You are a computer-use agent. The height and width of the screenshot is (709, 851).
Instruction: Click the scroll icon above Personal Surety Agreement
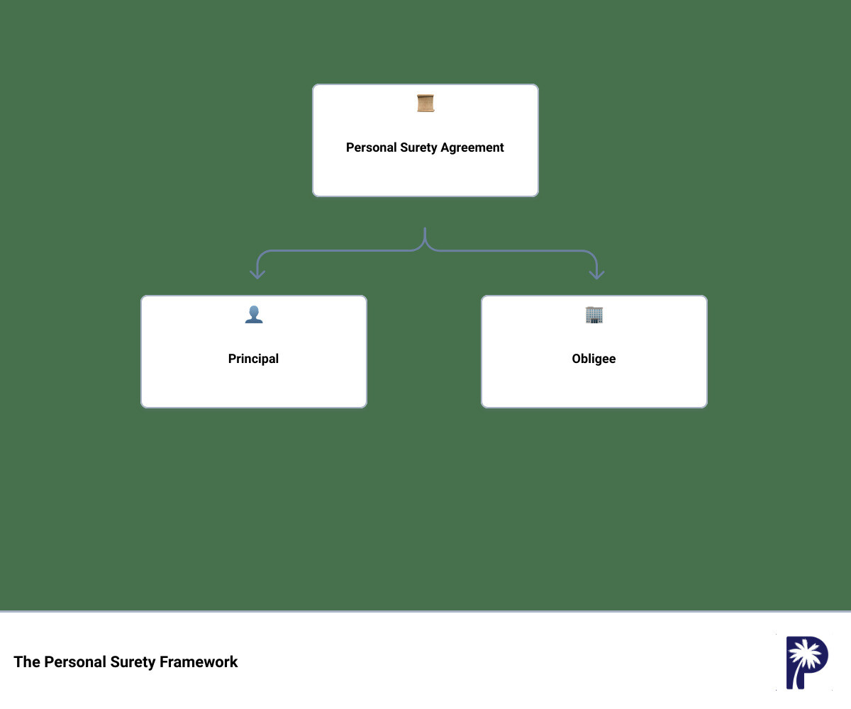pyautogui.click(x=425, y=103)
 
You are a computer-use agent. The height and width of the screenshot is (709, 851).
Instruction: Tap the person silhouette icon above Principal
pyautogui.click(x=253, y=315)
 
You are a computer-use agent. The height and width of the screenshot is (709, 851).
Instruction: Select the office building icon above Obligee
pyautogui.click(x=594, y=315)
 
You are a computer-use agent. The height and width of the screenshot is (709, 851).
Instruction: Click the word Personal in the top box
pyautogui.click(x=371, y=147)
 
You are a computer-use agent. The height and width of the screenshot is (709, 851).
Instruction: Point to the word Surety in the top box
pyautogui.click(x=418, y=148)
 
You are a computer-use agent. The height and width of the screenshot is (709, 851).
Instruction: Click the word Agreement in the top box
pyautogui.click(x=472, y=148)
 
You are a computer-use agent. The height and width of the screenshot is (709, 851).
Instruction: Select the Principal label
pyautogui.click(x=253, y=359)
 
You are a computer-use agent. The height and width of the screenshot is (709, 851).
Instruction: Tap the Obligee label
pyautogui.click(x=594, y=359)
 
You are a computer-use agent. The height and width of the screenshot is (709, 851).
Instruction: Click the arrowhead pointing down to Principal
pyautogui.click(x=257, y=274)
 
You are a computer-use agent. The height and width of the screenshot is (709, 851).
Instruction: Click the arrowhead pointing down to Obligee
pyautogui.click(x=596, y=274)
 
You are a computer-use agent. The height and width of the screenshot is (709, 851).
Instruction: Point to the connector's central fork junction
pyautogui.click(x=425, y=245)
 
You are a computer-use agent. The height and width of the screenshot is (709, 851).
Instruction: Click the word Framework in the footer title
pyautogui.click(x=199, y=661)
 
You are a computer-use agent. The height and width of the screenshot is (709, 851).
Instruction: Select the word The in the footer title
pyautogui.click(x=27, y=661)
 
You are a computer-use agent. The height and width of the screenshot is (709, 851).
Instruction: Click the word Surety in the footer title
pyautogui.click(x=133, y=662)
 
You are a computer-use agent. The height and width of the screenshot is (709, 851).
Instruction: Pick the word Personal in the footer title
pyautogui.click(x=75, y=661)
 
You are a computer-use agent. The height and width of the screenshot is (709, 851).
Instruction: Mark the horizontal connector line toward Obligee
pyautogui.click(x=509, y=250)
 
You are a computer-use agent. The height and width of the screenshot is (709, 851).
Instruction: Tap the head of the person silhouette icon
pyautogui.click(x=253, y=311)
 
